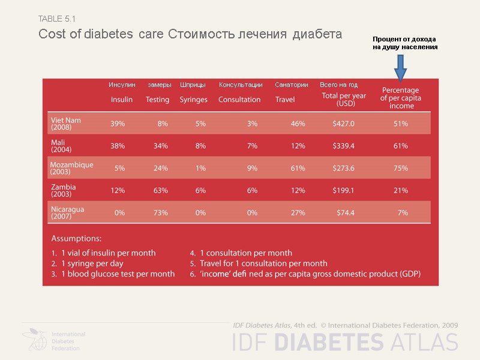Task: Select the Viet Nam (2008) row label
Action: (x=65, y=124)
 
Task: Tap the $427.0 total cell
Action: (x=343, y=124)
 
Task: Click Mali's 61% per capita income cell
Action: (x=401, y=146)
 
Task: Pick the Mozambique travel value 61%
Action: (x=298, y=168)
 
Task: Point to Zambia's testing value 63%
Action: (x=160, y=190)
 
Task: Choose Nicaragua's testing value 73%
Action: (x=160, y=212)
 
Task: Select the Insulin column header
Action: (x=122, y=100)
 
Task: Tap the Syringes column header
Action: (x=193, y=100)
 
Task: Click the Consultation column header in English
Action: (x=239, y=100)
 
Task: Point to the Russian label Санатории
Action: (x=292, y=85)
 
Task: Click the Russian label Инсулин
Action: (x=122, y=85)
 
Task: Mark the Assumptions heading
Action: (x=76, y=238)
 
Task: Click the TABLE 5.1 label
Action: (x=57, y=19)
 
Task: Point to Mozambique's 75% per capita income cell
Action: (x=401, y=168)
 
